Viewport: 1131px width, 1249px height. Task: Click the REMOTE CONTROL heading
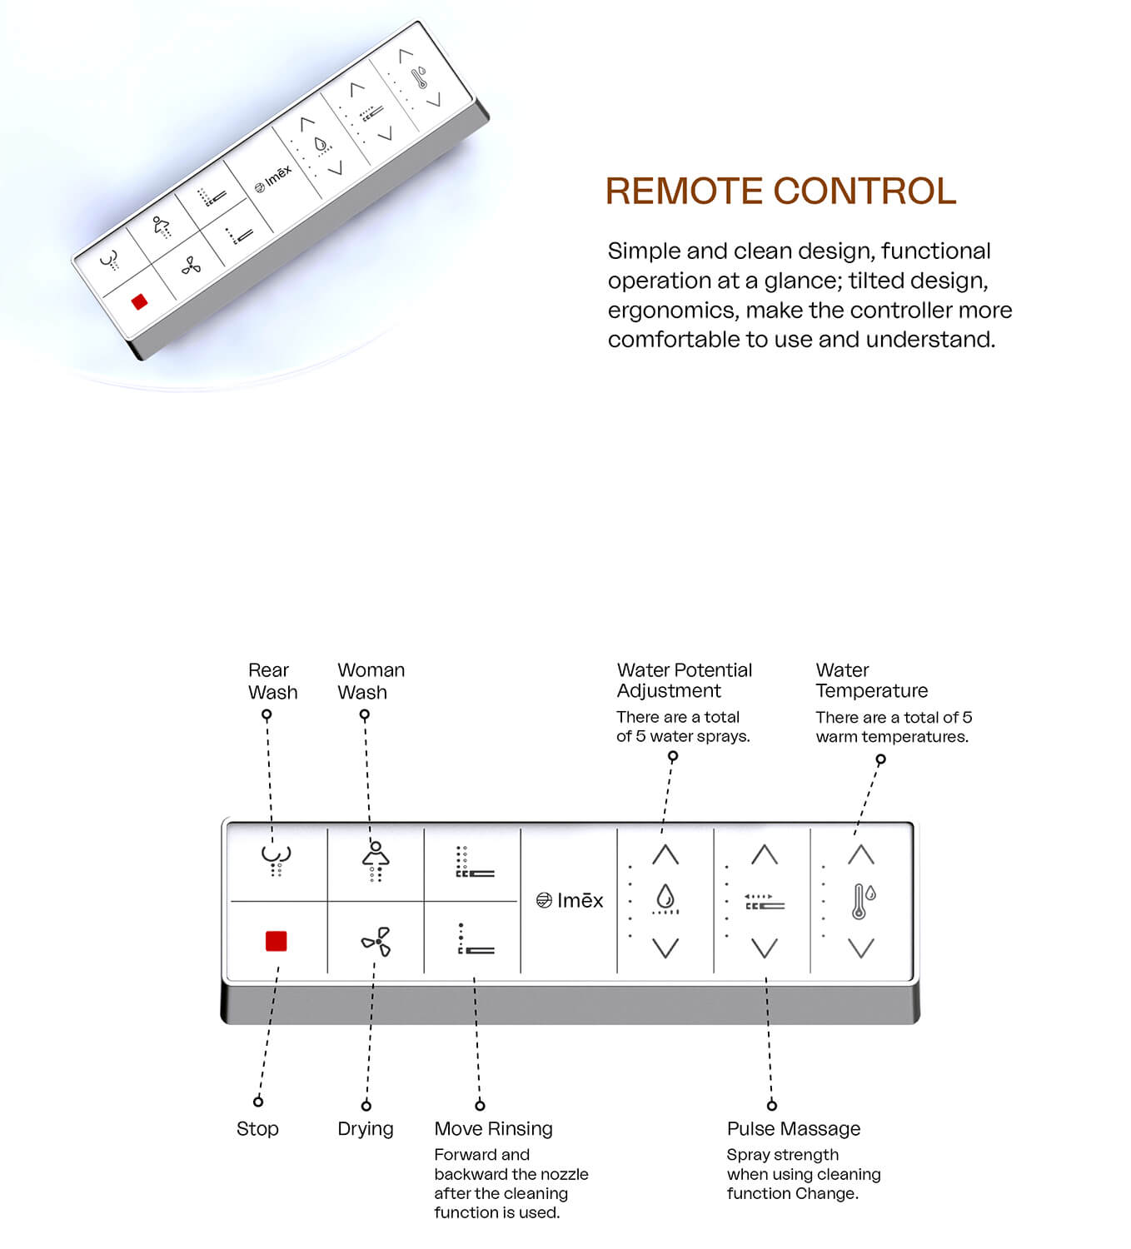click(x=780, y=191)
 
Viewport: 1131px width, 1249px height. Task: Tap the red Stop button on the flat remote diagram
click(x=276, y=941)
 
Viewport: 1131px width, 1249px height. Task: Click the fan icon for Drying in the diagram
click(x=376, y=942)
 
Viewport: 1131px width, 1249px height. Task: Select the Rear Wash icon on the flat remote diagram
click(x=276, y=857)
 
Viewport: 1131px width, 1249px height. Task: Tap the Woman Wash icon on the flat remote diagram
click(x=376, y=860)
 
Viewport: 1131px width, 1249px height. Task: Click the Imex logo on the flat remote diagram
click(x=570, y=900)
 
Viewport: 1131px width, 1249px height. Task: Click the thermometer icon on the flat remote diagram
click(x=863, y=901)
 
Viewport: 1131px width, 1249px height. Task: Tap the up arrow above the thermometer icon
click(x=861, y=854)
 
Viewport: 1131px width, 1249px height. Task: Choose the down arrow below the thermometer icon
click(x=861, y=948)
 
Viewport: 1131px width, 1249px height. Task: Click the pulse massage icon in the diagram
click(x=765, y=902)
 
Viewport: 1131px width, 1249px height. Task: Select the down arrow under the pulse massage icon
click(x=765, y=948)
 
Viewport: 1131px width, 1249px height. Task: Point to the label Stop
click(x=257, y=1129)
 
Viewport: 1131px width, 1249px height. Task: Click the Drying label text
click(x=366, y=1129)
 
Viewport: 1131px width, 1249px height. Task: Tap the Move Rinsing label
click(x=493, y=1129)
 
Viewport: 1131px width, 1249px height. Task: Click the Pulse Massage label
click(x=793, y=1129)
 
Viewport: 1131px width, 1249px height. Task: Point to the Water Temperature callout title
click(x=871, y=680)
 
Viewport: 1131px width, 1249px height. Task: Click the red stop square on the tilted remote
click(x=140, y=301)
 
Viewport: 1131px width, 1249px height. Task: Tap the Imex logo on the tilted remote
click(x=273, y=179)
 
